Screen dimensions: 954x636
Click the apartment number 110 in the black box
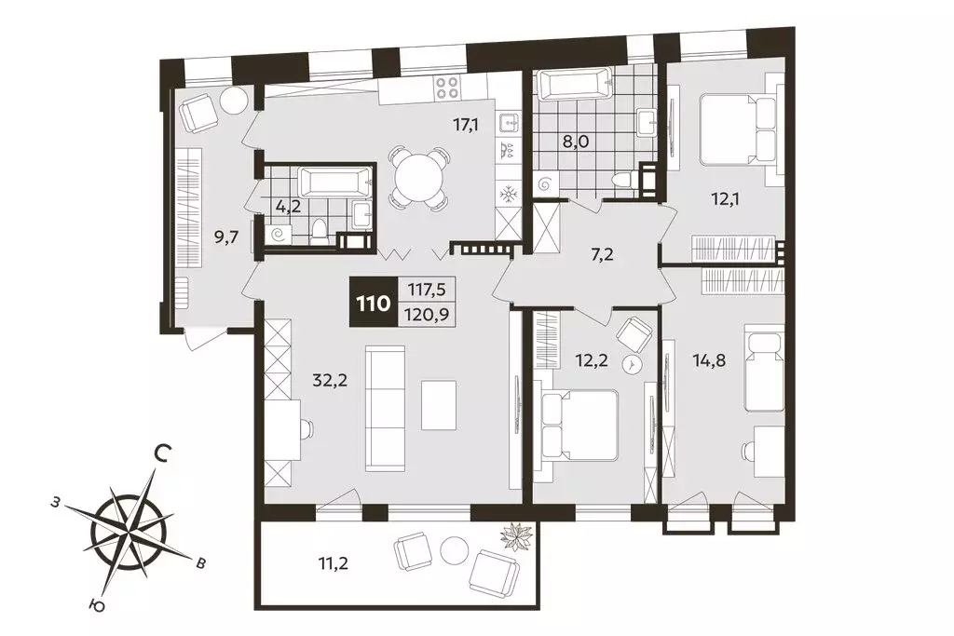click(x=373, y=303)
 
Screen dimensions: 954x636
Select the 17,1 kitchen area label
click(x=465, y=126)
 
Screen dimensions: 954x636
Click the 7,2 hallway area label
click(x=601, y=254)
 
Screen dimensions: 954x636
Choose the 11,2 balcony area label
click(x=333, y=563)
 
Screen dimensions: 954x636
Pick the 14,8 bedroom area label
click(x=709, y=360)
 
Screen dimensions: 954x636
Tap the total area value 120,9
click(x=427, y=315)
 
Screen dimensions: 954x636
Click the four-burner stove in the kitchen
click(x=447, y=88)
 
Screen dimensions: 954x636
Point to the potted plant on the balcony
click(x=516, y=535)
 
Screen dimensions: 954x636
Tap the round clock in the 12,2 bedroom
click(x=634, y=365)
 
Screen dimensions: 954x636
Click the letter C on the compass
click(x=161, y=453)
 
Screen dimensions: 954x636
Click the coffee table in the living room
click(x=440, y=405)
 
